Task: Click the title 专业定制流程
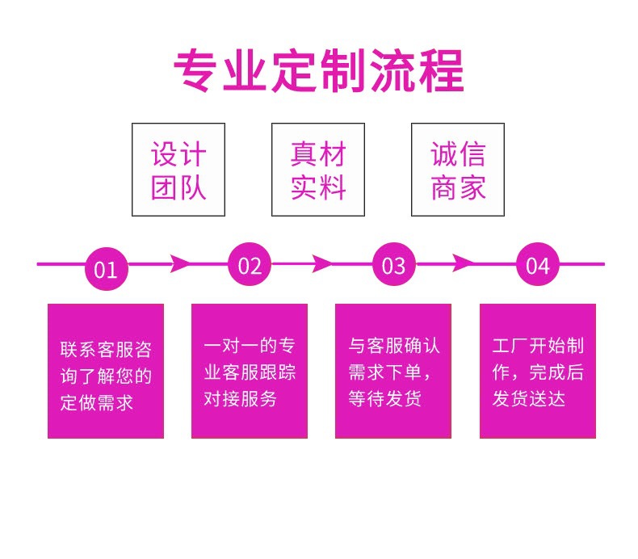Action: coord(319,71)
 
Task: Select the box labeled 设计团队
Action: coord(178,170)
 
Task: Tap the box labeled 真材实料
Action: coord(318,170)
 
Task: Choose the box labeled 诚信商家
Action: coord(458,170)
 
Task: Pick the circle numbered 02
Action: coord(250,265)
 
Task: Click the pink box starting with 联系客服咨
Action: coord(106,371)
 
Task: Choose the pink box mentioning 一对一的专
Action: coord(249,371)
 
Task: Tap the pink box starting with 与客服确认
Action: coord(393,371)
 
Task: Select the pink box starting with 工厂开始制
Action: coord(537,371)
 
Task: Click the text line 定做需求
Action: coord(97,402)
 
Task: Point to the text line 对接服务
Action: coord(241,398)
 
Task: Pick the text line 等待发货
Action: coord(384,398)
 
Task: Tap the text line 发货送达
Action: coord(529,398)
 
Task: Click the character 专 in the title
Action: coord(198,71)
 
